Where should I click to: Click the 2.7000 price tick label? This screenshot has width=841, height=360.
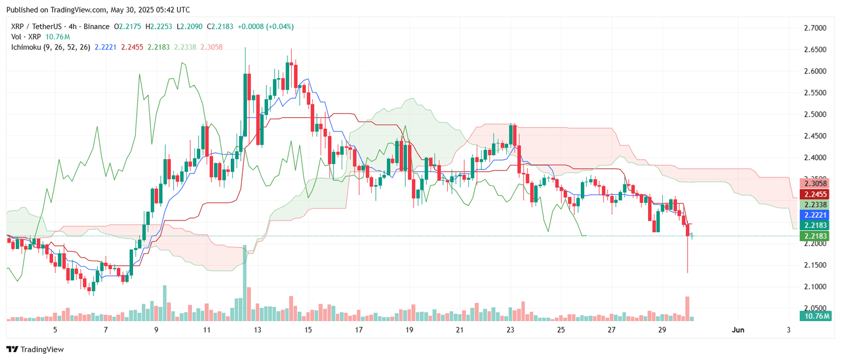coord(815,28)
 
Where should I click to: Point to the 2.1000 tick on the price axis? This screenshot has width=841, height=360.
coord(815,286)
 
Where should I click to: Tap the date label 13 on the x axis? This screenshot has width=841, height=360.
coord(258,330)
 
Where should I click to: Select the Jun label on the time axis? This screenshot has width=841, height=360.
coord(738,330)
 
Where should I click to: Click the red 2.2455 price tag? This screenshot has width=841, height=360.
coord(815,194)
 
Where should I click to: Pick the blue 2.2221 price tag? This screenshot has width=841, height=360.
coord(815,215)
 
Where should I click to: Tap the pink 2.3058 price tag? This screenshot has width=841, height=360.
coord(815,184)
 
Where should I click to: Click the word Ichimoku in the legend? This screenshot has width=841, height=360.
coord(26,47)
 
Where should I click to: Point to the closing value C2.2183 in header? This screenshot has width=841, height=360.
coord(220,26)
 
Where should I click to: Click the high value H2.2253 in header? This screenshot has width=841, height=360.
coord(158,26)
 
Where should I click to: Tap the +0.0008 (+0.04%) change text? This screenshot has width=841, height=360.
coord(265,26)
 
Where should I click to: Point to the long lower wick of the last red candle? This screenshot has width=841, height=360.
coord(688,258)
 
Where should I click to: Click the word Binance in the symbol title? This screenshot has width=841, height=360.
coord(97,26)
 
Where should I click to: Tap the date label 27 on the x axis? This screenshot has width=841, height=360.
coord(611,330)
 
